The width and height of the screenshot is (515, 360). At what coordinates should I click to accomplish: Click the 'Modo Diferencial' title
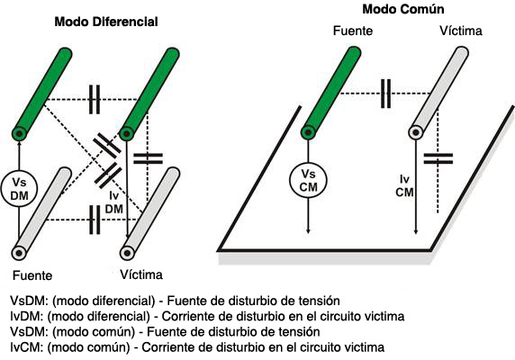pyautogui.click(x=106, y=22)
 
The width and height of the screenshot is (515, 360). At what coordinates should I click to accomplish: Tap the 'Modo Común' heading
pyautogui.click(x=403, y=9)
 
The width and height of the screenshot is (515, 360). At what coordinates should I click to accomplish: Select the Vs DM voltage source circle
pyautogui.click(x=19, y=189)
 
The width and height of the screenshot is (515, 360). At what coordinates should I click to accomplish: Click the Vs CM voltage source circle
pyautogui.click(x=309, y=180)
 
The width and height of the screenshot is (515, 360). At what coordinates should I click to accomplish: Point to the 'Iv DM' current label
pyautogui.click(x=114, y=202)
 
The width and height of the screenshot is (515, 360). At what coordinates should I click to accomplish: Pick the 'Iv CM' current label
pyautogui.click(x=404, y=185)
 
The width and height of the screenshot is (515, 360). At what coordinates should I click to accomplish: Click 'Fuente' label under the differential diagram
pyautogui.click(x=32, y=275)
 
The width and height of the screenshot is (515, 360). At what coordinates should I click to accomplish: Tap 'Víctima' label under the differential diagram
pyautogui.click(x=141, y=274)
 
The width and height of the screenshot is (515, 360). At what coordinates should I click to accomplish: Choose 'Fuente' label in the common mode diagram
pyautogui.click(x=353, y=31)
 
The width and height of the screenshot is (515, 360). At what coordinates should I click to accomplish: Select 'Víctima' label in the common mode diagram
pyautogui.click(x=461, y=31)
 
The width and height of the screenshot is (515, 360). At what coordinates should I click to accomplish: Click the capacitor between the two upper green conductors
pyautogui.click(x=95, y=99)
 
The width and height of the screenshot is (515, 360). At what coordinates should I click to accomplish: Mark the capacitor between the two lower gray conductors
pyautogui.click(x=95, y=220)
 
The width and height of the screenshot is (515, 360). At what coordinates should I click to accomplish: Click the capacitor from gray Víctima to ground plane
pyautogui.click(x=438, y=158)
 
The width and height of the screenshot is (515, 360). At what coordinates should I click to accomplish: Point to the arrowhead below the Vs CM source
pyautogui.click(x=308, y=230)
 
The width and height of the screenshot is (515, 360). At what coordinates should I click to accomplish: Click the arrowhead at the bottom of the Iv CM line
pyautogui.click(x=416, y=231)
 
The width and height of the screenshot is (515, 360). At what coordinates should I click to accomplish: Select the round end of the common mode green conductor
pyautogui.click(x=308, y=132)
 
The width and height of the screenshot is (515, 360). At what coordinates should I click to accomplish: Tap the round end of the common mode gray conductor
pyautogui.click(x=416, y=132)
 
